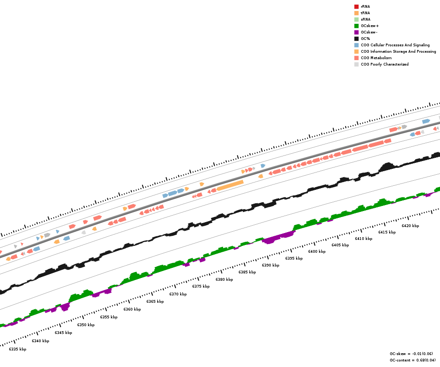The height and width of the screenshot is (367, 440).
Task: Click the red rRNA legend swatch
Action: click(356, 6)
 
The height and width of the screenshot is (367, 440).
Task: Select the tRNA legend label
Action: click(365, 13)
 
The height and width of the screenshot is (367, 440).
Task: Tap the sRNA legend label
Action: click(365, 19)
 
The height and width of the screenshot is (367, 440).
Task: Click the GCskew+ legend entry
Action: click(369, 26)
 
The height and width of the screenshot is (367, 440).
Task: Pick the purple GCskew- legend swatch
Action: click(356, 32)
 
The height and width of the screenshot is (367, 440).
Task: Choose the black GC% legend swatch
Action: click(356, 39)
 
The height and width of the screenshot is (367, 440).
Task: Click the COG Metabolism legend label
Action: click(376, 58)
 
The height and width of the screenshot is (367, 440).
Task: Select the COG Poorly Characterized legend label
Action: click(385, 64)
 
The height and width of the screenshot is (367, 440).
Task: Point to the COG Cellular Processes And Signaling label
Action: click(395, 45)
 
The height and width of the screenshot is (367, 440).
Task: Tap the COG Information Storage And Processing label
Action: click(398, 51)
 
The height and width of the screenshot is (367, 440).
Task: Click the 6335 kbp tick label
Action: click(17, 349)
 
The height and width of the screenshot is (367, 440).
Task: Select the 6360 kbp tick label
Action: click(132, 309)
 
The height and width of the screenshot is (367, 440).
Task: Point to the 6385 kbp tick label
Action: click(247, 272)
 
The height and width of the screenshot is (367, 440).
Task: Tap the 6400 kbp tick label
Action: click(317, 251)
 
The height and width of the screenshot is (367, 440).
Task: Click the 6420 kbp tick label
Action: click(410, 226)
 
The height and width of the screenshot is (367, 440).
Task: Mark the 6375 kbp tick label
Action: click(201, 286)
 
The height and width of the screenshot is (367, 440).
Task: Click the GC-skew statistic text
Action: click(411, 354)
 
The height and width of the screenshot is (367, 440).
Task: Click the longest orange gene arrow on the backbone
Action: click(230, 185)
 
